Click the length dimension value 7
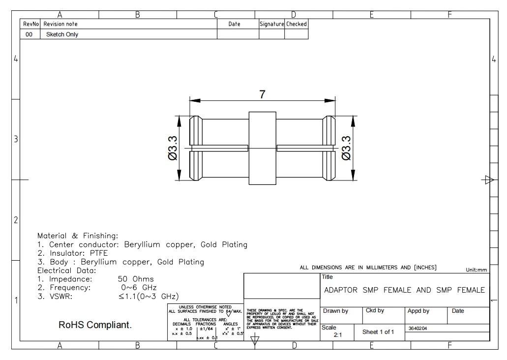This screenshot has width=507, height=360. click(x=263, y=95)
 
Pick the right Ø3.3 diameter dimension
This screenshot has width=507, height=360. click(x=346, y=148)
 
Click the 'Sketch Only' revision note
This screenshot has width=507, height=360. click(x=62, y=34)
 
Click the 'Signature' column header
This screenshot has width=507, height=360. click(x=271, y=24)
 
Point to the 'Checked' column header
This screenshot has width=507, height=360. click(x=297, y=24)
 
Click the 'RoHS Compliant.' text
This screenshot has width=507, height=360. click(x=95, y=325)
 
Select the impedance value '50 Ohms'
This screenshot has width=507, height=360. click(x=135, y=279)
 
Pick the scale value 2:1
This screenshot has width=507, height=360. click(x=338, y=335)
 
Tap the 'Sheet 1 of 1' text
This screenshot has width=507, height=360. click(x=379, y=332)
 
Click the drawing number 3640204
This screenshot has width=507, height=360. click(x=418, y=328)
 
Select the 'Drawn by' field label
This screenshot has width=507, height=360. click(x=335, y=311)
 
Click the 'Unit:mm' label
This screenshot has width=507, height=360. click(x=476, y=270)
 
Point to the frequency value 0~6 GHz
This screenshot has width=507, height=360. click(x=139, y=288)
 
